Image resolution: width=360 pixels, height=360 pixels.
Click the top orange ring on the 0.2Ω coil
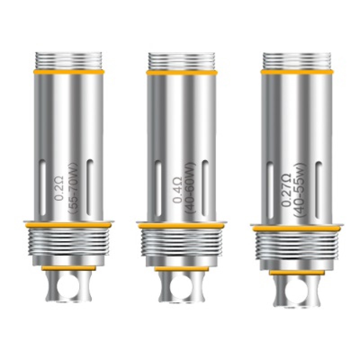coord(68,71)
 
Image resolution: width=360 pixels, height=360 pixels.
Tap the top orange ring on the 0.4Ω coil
coord(182,71)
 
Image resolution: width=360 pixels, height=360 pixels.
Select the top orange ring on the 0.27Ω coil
coord(297,71)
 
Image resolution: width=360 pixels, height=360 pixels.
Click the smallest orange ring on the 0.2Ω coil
coord(69,268)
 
